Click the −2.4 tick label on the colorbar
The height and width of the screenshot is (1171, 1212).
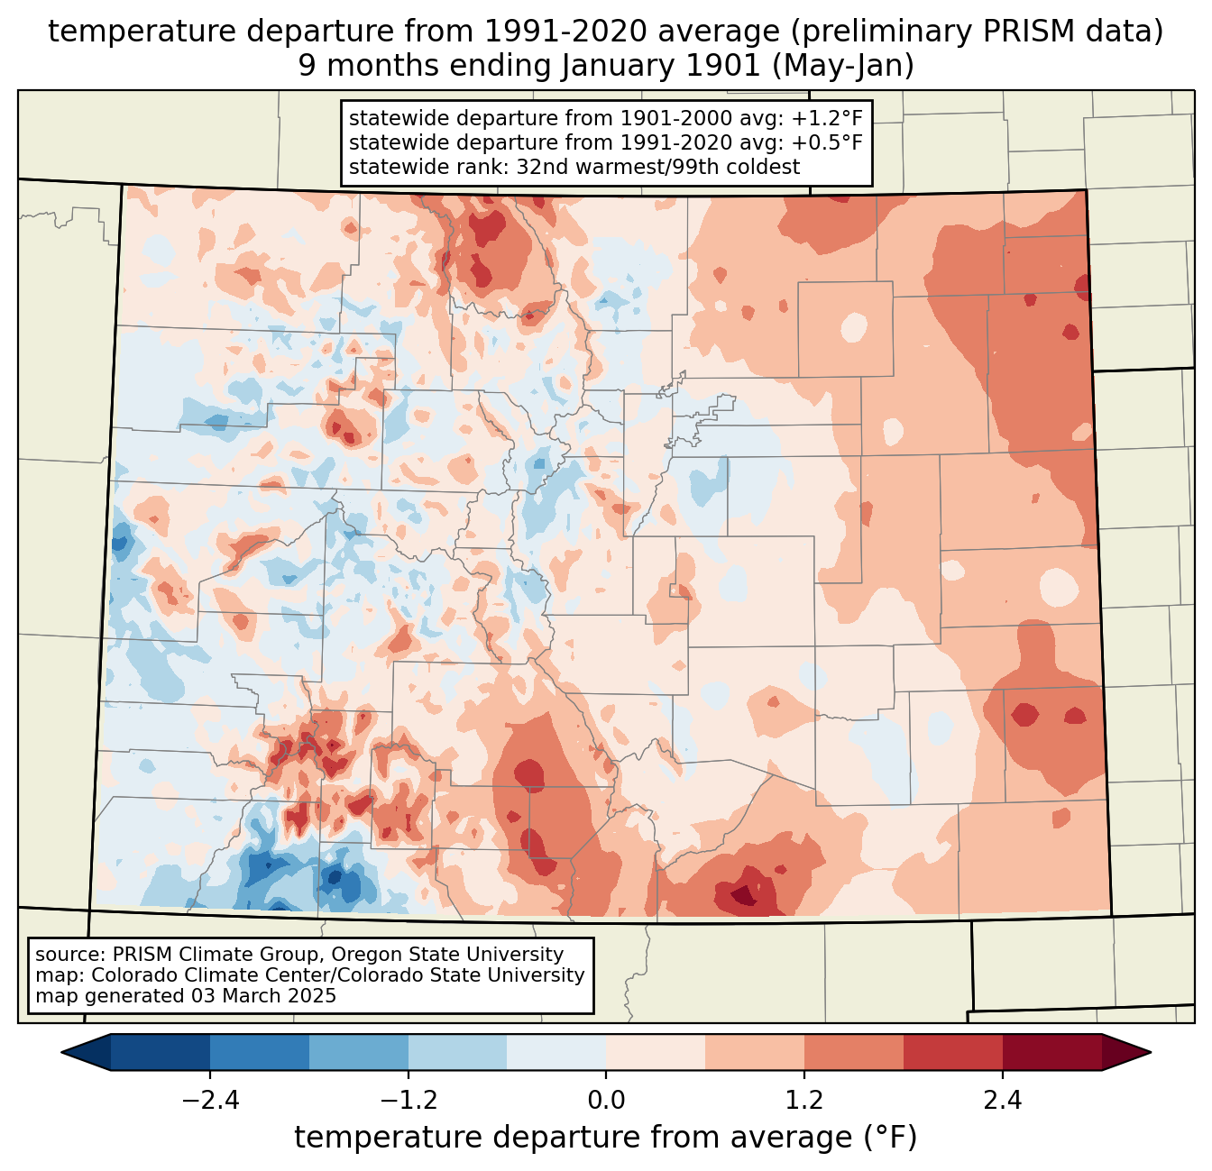point(210,1101)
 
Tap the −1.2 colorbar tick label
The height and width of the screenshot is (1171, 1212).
point(408,1101)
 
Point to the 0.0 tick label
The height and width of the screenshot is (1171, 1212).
point(606,1101)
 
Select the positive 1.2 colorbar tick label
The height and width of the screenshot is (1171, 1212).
point(803,1101)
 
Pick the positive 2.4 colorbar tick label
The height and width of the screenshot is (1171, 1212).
point(1002,1101)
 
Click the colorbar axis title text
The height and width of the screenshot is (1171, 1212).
point(605,1138)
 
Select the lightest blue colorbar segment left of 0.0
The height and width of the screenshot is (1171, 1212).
point(556,1052)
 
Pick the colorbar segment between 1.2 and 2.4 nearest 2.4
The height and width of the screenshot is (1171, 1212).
point(952,1052)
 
